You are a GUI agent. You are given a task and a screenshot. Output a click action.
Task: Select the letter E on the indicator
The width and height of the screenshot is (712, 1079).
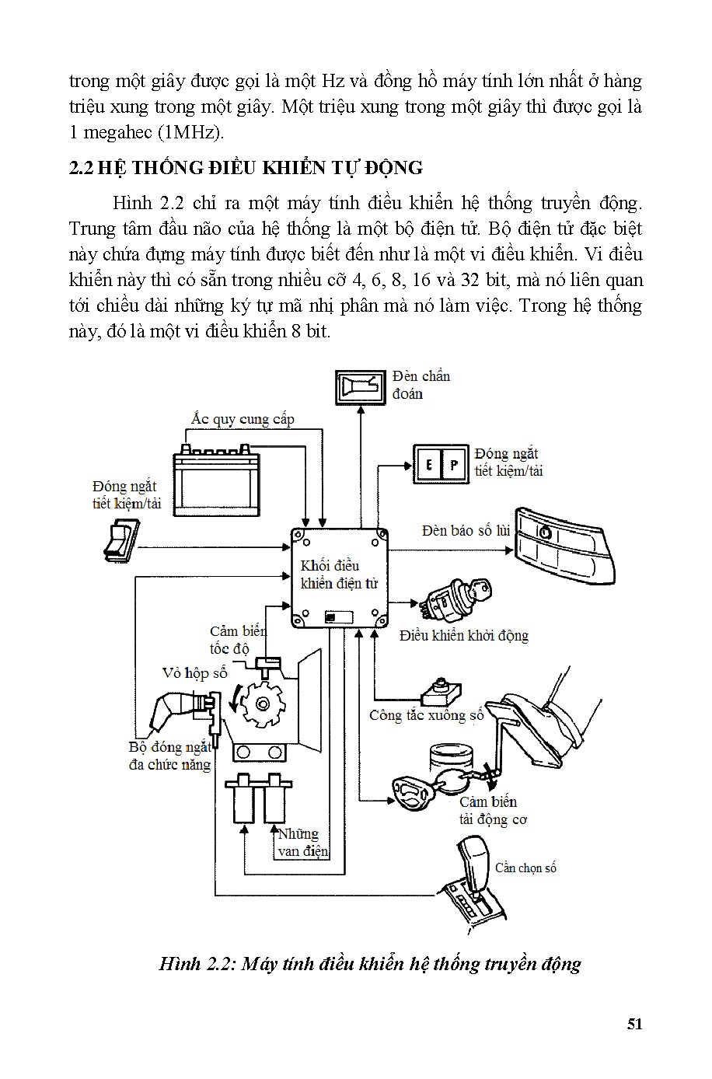pyautogui.click(x=428, y=465)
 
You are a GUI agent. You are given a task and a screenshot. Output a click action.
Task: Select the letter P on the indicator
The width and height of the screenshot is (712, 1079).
pyautogui.click(x=454, y=465)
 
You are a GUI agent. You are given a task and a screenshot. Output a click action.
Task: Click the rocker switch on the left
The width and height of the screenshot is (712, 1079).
pyautogui.click(x=119, y=541)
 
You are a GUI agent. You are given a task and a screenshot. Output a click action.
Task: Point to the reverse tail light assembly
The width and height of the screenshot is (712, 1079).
pyautogui.click(x=566, y=547)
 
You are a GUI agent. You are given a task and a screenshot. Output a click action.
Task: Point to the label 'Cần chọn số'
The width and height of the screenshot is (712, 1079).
pyautogui.click(x=525, y=868)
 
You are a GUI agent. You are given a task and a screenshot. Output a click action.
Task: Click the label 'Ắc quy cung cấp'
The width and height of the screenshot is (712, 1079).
pyautogui.click(x=243, y=419)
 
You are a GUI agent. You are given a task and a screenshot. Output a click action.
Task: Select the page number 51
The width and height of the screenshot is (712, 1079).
pyautogui.click(x=634, y=1024)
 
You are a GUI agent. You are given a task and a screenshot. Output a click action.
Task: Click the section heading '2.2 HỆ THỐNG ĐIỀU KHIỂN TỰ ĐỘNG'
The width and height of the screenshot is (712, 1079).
pyautogui.click(x=246, y=167)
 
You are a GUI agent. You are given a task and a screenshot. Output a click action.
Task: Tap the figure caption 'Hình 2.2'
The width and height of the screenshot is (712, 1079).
pyautogui.click(x=369, y=964)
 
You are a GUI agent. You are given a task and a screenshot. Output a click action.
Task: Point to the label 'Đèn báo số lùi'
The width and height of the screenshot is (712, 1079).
pyautogui.click(x=466, y=530)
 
